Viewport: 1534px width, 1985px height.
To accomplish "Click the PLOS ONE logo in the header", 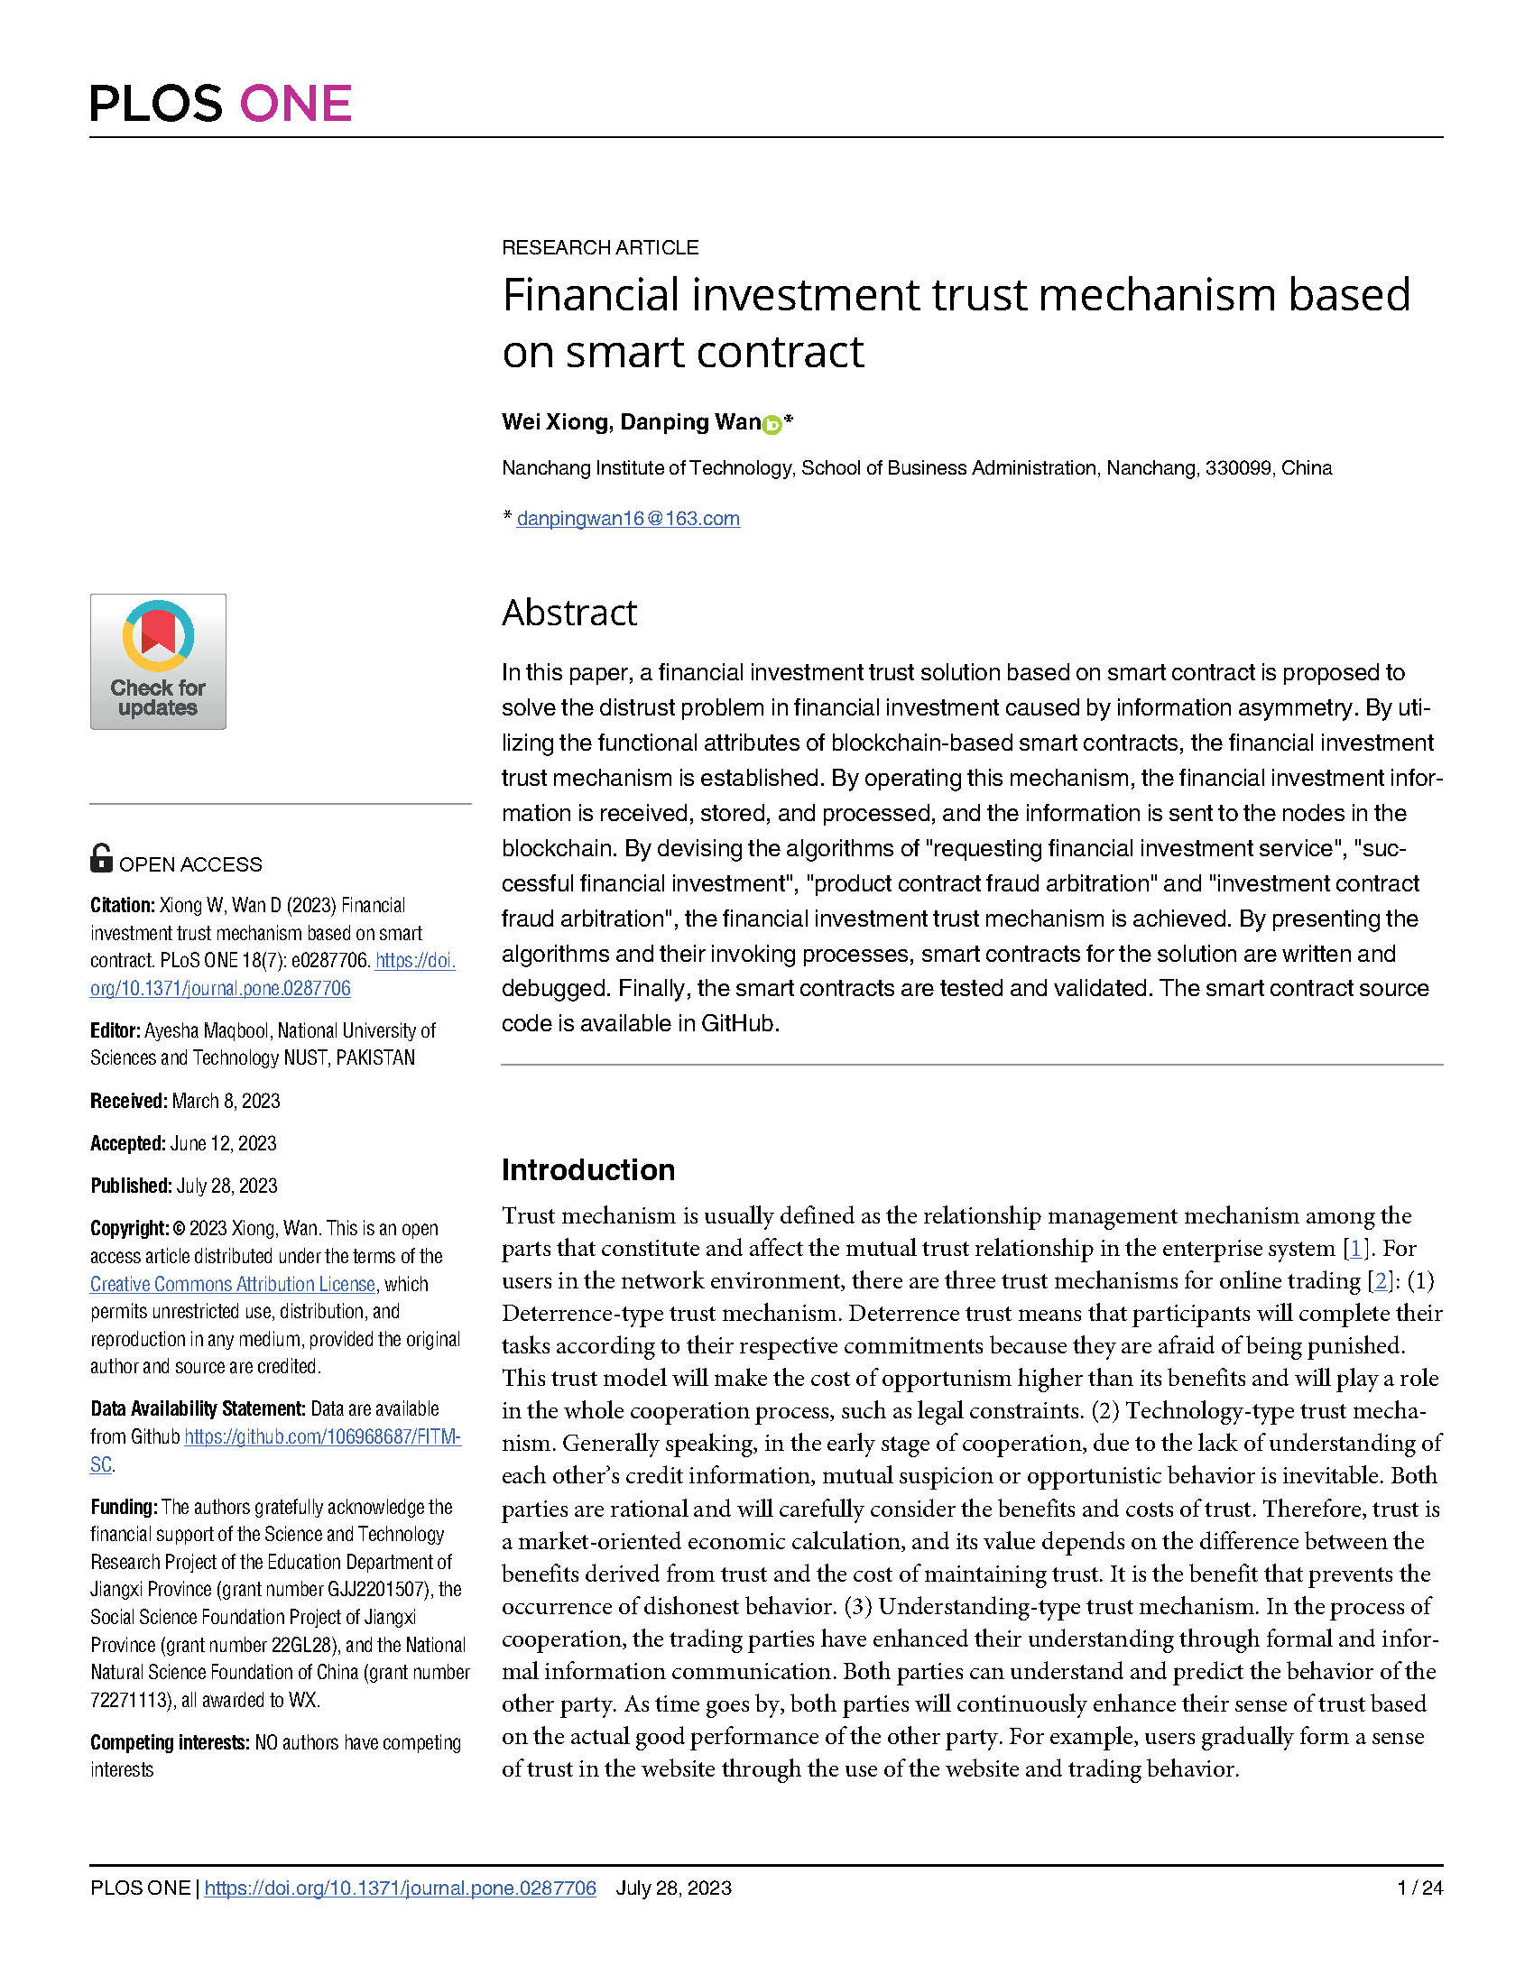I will point(220,104).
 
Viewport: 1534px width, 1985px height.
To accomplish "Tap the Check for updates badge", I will point(158,660).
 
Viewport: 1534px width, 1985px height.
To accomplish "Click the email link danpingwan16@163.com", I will point(628,518).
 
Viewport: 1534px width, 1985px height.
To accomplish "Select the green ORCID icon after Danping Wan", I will point(772,424).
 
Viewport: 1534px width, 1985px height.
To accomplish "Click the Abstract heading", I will point(568,613).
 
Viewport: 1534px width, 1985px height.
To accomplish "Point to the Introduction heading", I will point(588,1169).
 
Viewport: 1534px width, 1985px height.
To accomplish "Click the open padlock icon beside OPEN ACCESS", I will point(101,858).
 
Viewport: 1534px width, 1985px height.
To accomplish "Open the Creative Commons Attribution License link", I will point(233,1284).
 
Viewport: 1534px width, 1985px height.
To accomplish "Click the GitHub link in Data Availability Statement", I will point(322,1437).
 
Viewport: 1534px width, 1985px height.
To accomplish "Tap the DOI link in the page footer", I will point(400,1888).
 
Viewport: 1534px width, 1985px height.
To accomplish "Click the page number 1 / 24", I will point(1419,1888).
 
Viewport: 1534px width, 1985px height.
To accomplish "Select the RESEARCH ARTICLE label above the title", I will point(600,247).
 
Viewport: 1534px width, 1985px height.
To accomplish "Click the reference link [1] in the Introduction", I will point(1356,1249).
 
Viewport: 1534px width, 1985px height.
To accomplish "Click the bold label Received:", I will point(128,1101).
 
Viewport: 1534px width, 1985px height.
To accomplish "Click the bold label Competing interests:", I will point(169,1742).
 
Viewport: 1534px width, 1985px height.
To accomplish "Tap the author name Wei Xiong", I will point(554,421).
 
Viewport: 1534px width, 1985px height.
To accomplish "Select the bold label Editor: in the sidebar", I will point(115,1030).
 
